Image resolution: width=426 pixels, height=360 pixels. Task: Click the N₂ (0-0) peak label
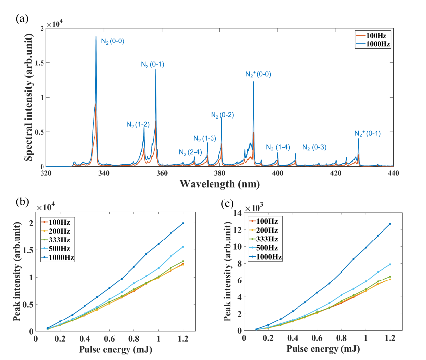tap(113, 41)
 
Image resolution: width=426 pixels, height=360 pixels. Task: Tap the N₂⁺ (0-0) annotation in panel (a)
tap(258, 74)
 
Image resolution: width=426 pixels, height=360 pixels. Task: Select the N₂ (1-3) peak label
tap(204, 138)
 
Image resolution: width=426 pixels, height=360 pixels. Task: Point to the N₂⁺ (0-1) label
tap(367, 133)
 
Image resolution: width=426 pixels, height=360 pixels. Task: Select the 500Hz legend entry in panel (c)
tap(270, 248)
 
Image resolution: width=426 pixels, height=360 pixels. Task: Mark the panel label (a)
tap(21, 19)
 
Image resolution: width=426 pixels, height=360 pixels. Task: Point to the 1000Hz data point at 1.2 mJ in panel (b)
tap(183, 223)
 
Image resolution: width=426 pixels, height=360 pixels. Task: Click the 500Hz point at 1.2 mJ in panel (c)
tap(390, 264)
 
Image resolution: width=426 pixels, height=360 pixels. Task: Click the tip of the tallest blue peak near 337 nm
tap(96, 36)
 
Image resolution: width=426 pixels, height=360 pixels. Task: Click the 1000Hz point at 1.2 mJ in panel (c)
tap(390, 224)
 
